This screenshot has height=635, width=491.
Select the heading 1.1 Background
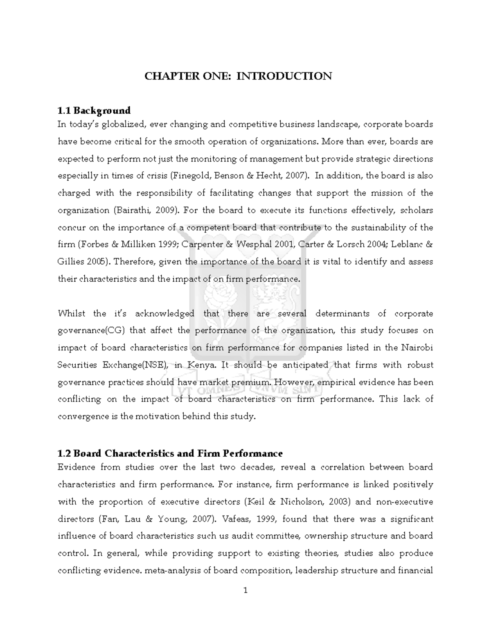click(x=94, y=110)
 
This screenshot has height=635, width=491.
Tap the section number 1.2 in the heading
click(x=65, y=453)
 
